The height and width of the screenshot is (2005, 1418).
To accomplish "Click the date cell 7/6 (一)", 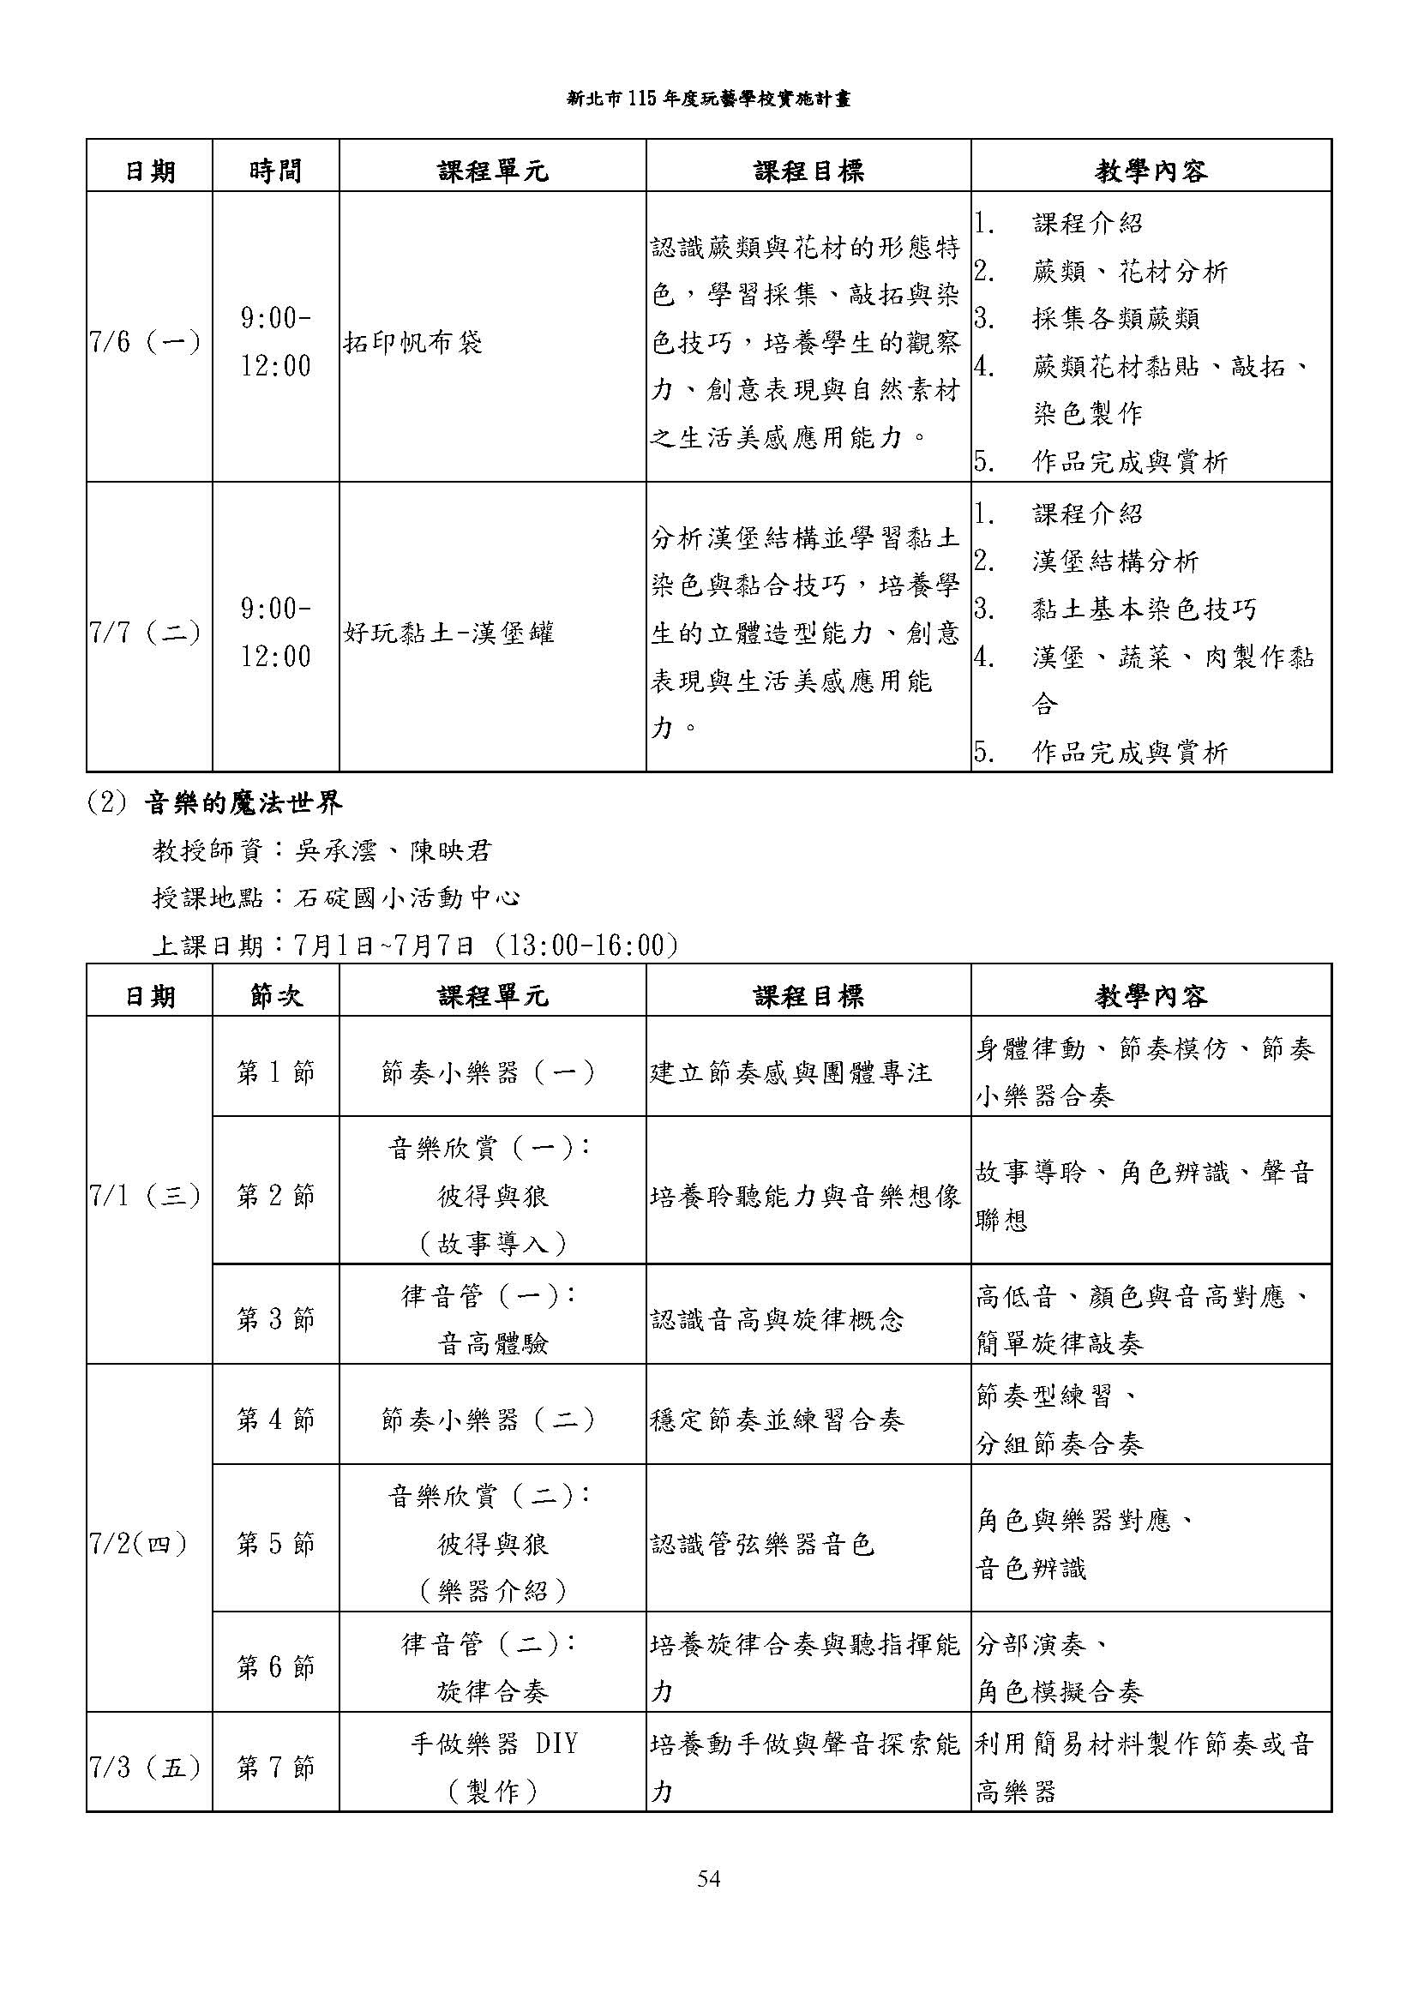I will coord(146,341).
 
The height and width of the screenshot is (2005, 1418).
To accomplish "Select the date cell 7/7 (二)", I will coord(146,633).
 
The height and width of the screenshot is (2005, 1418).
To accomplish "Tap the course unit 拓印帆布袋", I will coord(413,342).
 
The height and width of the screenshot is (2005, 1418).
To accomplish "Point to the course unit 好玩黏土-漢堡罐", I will coord(448,633).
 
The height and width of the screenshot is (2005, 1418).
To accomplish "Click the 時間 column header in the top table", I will coord(275,171).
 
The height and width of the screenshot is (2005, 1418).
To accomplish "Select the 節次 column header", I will coord(275,995).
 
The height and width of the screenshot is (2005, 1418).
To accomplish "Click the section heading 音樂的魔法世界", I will coord(243,803).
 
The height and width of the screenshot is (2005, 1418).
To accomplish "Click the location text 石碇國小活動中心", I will coord(408,897).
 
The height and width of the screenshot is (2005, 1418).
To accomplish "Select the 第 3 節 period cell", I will coord(275,1318).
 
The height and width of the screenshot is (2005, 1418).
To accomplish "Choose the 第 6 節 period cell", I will coord(275,1667).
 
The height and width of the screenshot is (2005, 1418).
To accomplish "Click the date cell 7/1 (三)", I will coord(146,1195).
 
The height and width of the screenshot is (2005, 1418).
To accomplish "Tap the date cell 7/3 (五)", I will coord(146,1768).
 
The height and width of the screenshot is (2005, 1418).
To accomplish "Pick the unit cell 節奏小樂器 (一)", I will coord(490,1072).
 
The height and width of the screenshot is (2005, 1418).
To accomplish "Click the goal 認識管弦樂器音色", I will coord(762,1544).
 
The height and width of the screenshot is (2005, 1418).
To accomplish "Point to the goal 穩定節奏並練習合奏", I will coord(777,1419).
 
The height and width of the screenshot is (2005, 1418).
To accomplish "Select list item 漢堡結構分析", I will coord(1115,561).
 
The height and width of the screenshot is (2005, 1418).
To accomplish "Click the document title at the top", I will coord(708,99).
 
